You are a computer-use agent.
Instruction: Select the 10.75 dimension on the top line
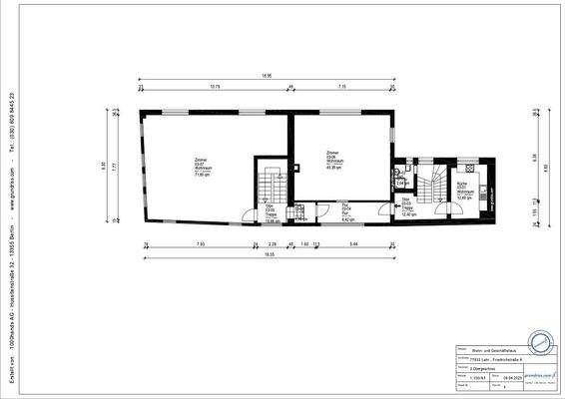click(x=215, y=87)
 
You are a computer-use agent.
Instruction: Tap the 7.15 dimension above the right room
click(x=341, y=87)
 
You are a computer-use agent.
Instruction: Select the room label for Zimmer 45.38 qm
click(x=332, y=159)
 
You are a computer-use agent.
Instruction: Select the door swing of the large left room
click(x=247, y=214)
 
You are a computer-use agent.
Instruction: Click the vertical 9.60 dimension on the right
click(x=547, y=168)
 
